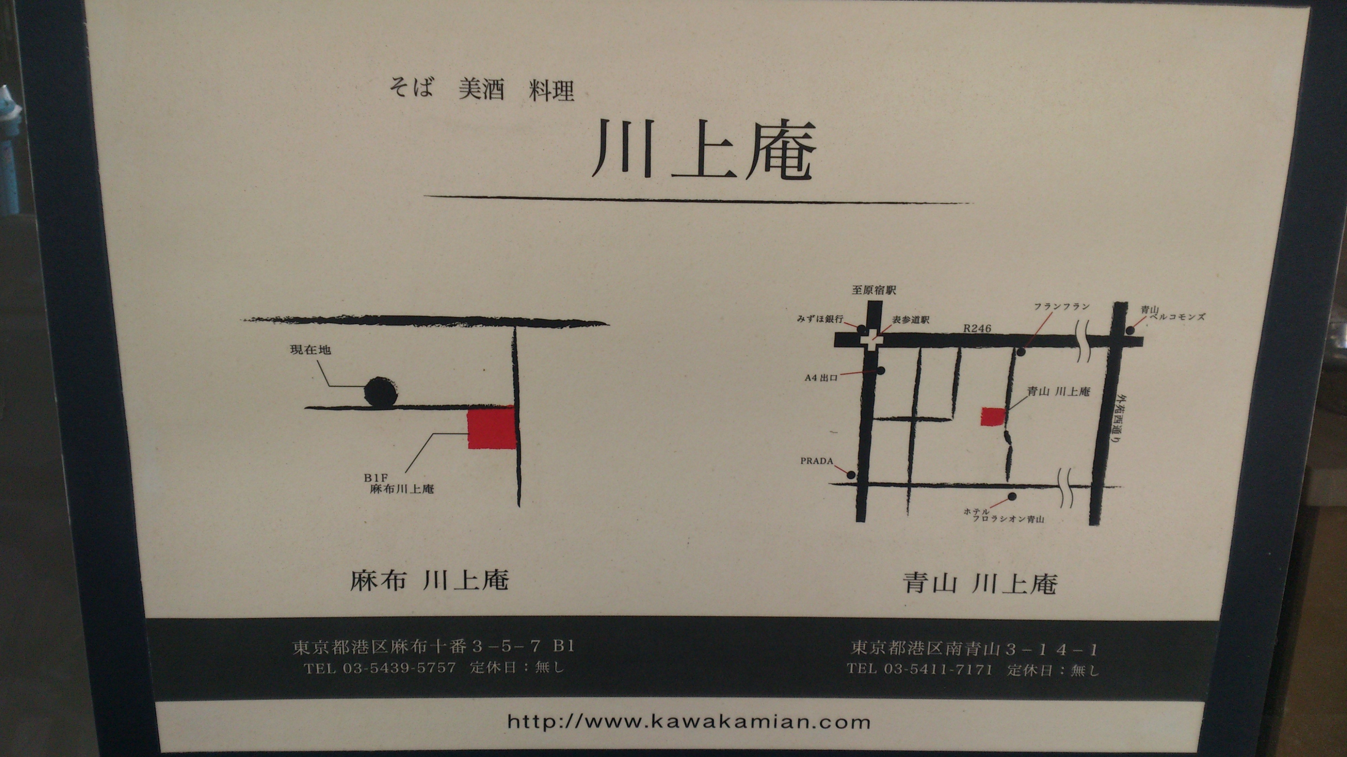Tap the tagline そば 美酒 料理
(482, 89)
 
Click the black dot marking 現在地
(381, 392)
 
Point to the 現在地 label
(310, 350)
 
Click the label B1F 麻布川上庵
(399, 484)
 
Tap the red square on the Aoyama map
(992, 417)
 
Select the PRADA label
(817, 461)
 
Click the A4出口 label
(821, 377)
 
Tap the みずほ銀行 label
(820, 319)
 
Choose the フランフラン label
(1061, 307)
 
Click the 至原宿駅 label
(874, 290)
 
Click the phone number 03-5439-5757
(399, 668)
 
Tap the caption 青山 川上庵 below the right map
(980, 583)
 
